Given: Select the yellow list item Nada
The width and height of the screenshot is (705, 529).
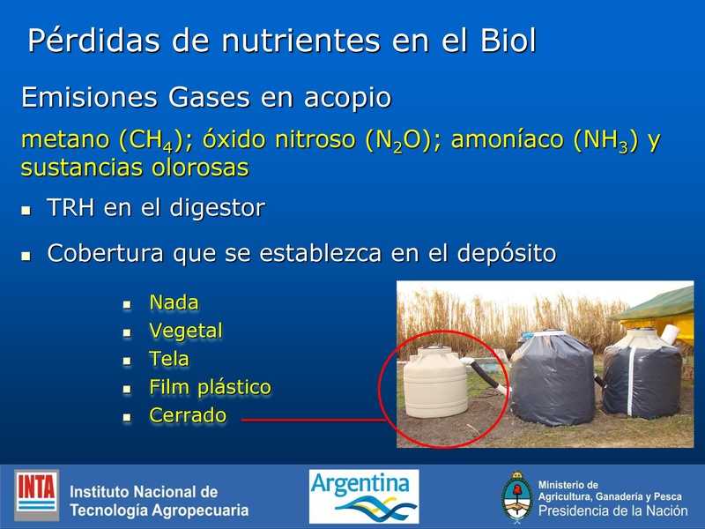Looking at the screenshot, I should (174, 302).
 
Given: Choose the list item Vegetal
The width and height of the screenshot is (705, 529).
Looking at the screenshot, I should (186, 331).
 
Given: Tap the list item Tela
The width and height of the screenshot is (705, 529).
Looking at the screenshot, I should (169, 359).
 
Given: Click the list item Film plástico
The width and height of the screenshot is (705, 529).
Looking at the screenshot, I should (210, 387).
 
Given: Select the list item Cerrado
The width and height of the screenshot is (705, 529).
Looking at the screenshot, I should (188, 415).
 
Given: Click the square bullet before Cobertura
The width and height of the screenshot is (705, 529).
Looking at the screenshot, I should (26, 256).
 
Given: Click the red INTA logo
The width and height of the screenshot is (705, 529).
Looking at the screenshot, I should (37, 495).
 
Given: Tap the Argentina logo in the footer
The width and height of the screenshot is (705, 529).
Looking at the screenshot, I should (363, 495).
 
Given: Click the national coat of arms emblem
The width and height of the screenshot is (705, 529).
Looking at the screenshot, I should (516, 497).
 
